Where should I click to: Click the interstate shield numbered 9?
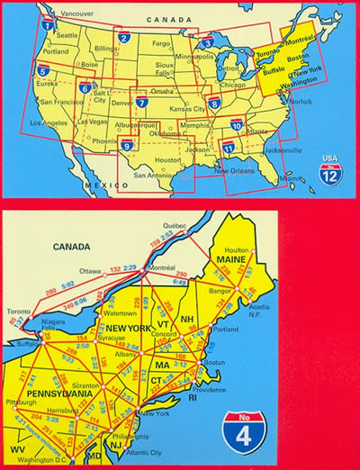127,146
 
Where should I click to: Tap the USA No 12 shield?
332,168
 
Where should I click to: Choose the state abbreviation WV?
17,447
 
